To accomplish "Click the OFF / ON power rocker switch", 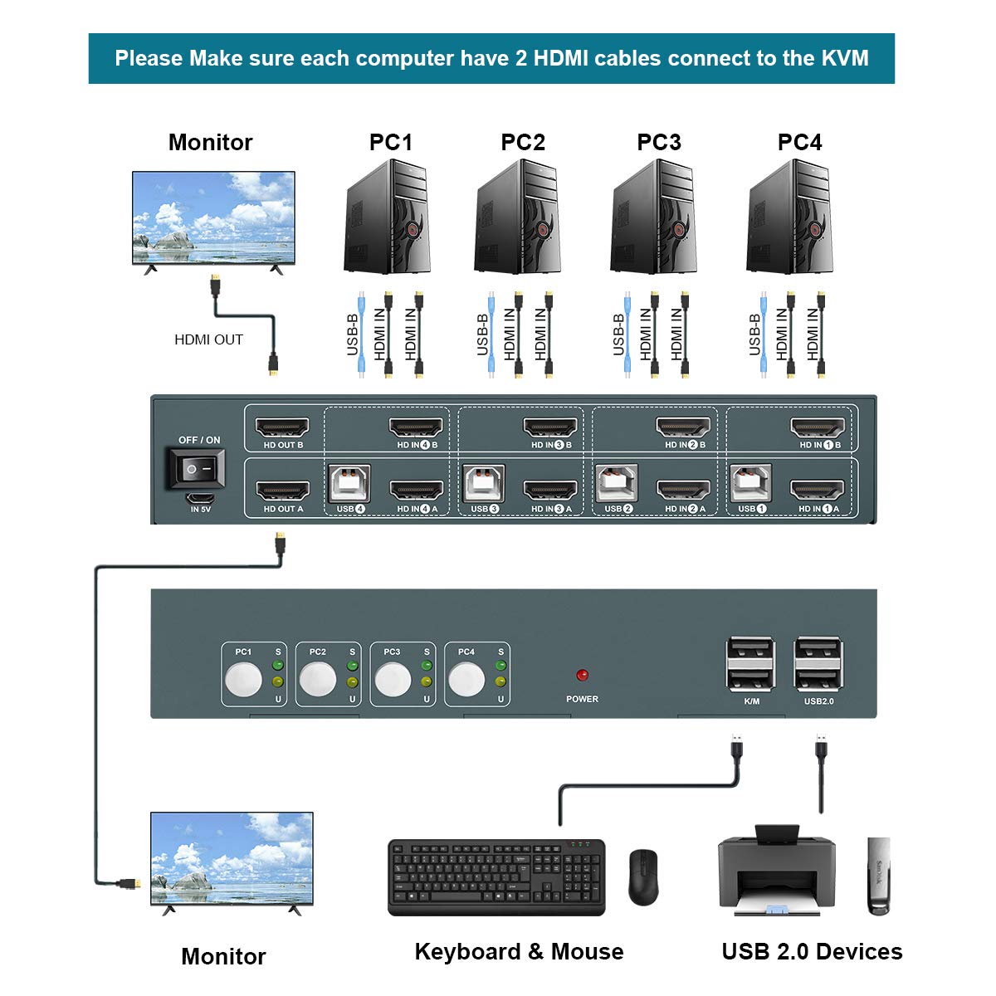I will (196, 469).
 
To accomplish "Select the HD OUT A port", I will (282, 491).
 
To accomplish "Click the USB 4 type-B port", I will (349, 483).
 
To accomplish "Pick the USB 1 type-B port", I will (750, 483).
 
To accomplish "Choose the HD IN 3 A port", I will (550, 491).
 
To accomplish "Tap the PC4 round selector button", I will (466, 680).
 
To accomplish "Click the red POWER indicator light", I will (582, 676).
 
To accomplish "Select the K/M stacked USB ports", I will (750, 664).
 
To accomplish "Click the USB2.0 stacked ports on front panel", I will (818, 664).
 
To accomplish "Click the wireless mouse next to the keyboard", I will (642, 876).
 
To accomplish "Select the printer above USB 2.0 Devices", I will (776, 871).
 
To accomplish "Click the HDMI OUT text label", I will (208, 339).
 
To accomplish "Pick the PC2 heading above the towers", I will (523, 143).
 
